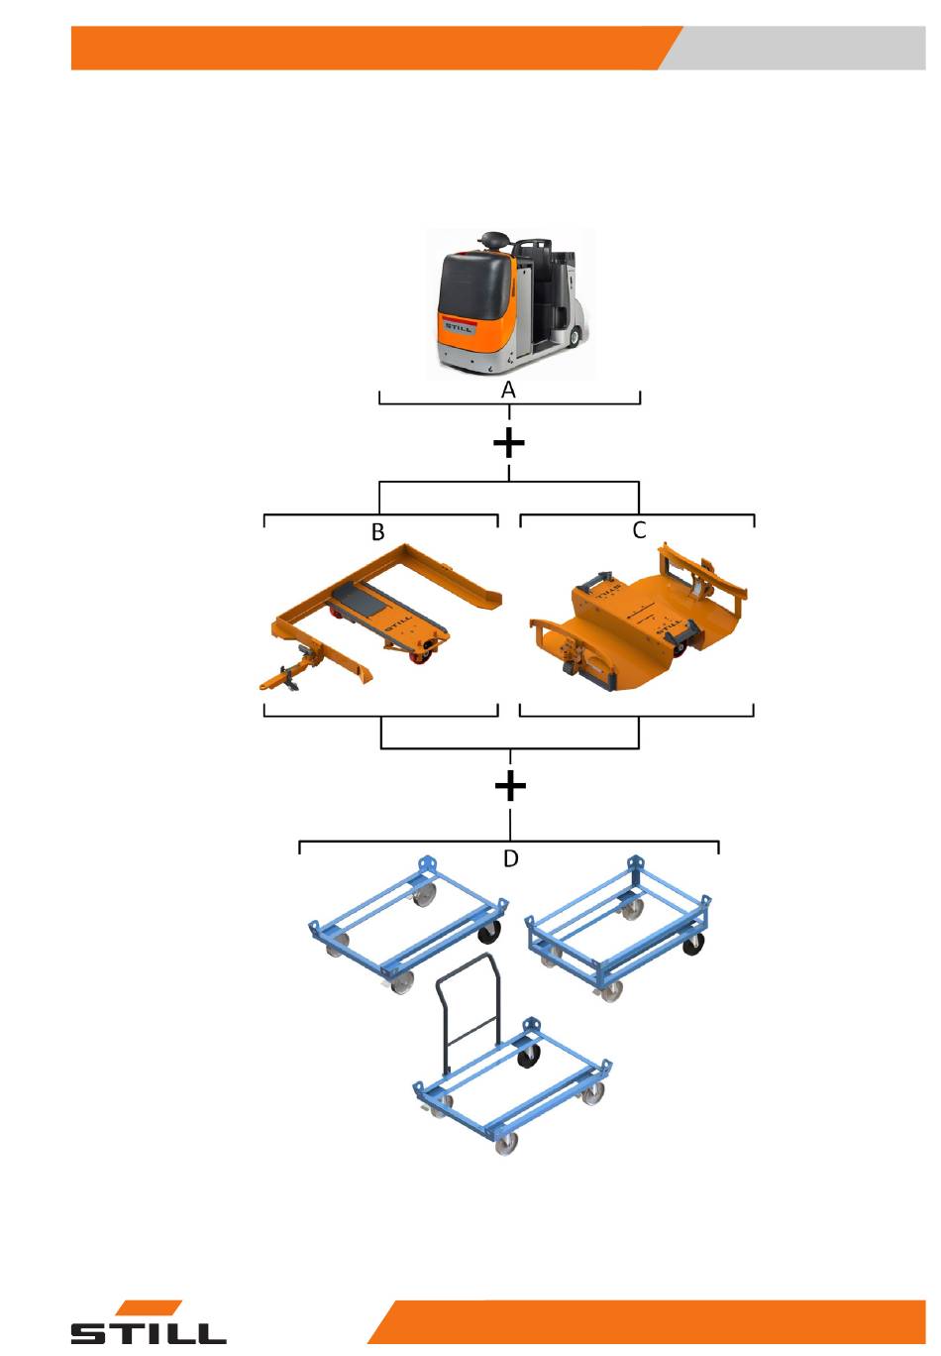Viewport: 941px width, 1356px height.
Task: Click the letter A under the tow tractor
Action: point(508,390)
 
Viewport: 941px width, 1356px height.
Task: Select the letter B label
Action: point(377,531)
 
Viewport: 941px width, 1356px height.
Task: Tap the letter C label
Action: point(639,529)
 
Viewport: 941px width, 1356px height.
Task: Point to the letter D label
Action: point(510,857)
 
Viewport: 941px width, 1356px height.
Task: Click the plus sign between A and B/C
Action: point(508,443)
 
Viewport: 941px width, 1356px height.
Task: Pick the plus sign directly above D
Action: point(510,786)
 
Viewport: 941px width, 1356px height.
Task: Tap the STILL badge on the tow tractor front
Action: point(459,327)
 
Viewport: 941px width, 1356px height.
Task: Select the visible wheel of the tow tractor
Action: point(574,336)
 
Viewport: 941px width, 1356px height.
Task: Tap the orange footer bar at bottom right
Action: point(647,1321)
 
